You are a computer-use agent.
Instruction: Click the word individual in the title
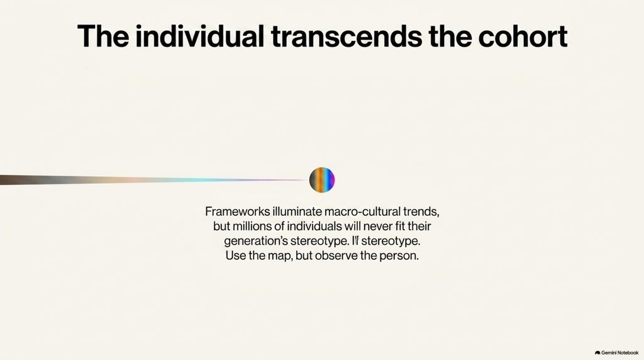click(x=199, y=36)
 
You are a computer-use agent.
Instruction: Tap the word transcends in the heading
click(x=347, y=36)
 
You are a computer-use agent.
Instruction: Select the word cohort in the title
click(x=523, y=36)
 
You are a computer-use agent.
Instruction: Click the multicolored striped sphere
click(x=322, y=180)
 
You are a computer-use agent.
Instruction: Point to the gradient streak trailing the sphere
click(x=155, y=179)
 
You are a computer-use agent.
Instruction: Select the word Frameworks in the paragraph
click(x=237, y=211)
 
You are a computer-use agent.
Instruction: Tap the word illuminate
click(x=297, y=211)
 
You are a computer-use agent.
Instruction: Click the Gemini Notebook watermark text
click(x=619, y=352)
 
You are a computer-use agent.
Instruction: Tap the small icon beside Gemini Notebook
click(x=597, y=352)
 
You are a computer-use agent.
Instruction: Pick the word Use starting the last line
click(x=235, y=256)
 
